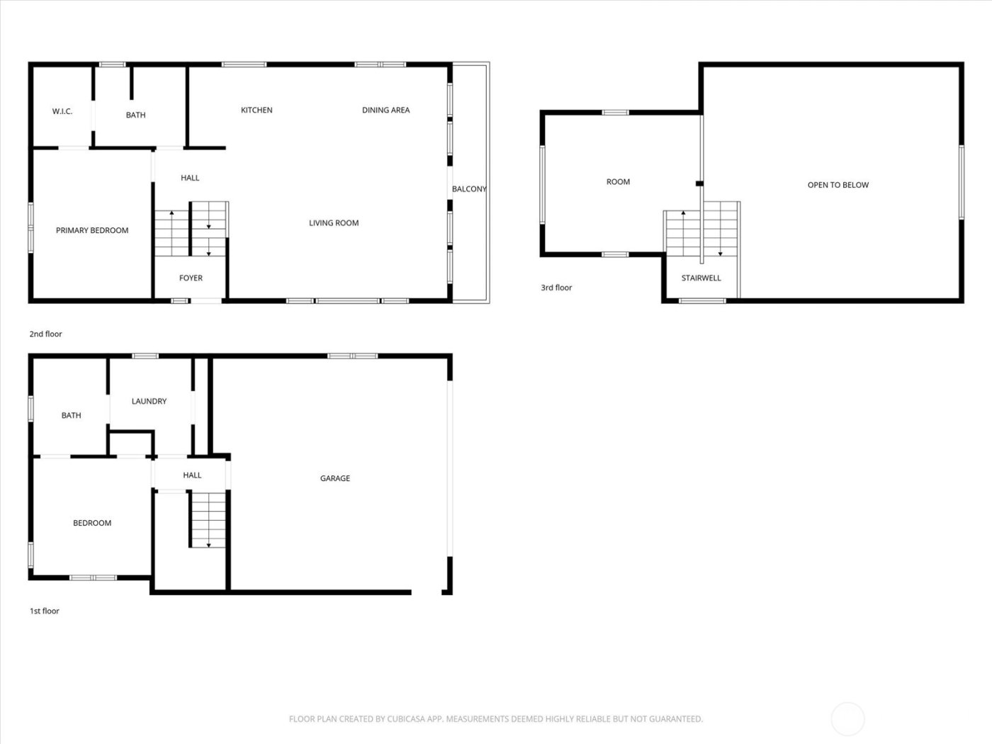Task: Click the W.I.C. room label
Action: coord(62,112)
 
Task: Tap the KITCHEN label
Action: coord(257,111)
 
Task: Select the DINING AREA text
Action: coord(385,111)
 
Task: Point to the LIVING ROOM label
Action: coord(334,223)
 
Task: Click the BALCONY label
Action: coord(469,189)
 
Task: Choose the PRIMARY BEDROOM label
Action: coord(92,231)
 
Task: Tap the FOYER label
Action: coord(191,278)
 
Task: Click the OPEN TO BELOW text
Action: coord(838,186)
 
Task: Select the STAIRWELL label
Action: coord(701,278)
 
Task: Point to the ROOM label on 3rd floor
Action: coord(618,182)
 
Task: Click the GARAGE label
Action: coord(335,479)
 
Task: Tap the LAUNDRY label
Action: coord(149,402)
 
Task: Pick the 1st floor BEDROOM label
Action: coord(92,524)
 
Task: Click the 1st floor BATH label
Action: coord(71,416)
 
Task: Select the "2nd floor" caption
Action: coord(45,334)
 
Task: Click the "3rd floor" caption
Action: coord(556,288)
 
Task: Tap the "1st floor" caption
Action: coord(44,611)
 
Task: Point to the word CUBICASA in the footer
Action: coord(406,719)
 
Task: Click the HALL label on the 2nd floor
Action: coord(190,179)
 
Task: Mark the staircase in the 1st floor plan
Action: coord(208,519)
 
